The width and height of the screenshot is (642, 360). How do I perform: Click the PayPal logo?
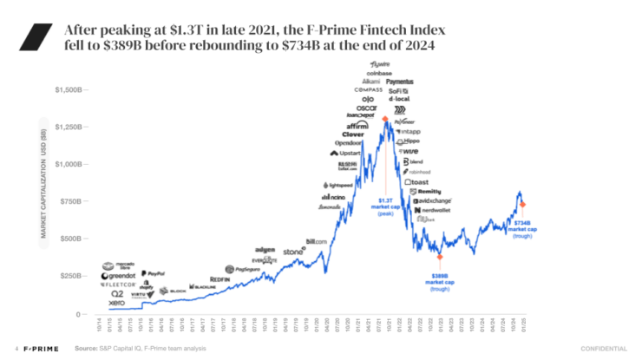point(153,273)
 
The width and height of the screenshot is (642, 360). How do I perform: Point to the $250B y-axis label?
point(69,276)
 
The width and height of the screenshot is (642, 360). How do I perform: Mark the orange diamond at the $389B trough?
point(440,257)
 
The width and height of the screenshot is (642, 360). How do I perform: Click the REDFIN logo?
point(219,279)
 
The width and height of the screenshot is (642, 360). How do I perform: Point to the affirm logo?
point(357,125)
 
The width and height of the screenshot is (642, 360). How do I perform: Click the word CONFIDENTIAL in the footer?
point(603,349)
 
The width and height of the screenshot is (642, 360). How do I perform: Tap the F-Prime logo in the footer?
point(40,349)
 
